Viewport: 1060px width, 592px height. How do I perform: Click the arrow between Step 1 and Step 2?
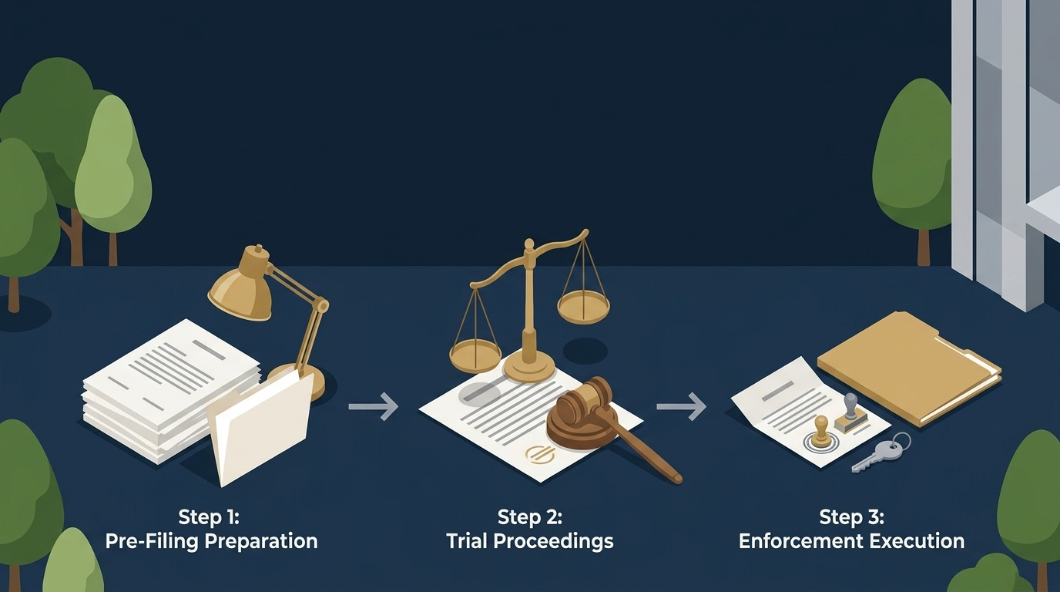tap(374, 406)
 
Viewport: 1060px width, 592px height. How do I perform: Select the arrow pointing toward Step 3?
tap(682, 406)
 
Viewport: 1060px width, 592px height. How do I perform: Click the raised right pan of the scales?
tap(583, 307)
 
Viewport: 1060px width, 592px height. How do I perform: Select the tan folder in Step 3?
tap(908, 368)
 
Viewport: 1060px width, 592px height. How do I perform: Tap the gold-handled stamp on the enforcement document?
tap(821, 432)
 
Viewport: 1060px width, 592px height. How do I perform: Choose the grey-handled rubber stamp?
tap(850, 413)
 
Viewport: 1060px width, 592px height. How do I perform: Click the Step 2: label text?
tap(529, 516)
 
